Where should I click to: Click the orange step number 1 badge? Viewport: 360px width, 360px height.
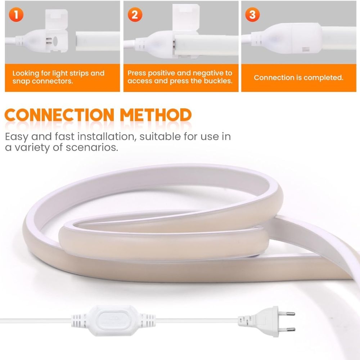click(x=16, y=15)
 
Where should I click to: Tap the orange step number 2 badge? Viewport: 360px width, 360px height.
click(x=135, y=15)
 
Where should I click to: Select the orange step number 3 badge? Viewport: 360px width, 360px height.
click(x=252, y=15)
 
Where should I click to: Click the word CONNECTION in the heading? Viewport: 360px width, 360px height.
click(x=59, y=115)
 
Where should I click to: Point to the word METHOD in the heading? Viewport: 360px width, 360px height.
click(x=156, y=115)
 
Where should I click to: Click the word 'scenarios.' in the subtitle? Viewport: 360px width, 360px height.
click(x=92, y=147)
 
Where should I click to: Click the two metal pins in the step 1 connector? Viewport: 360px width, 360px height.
click(x=49, y=41)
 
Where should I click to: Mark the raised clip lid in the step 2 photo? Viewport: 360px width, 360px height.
click(x=186, y=17)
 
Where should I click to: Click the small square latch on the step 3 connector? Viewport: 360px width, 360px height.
click(x=306, y=49)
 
